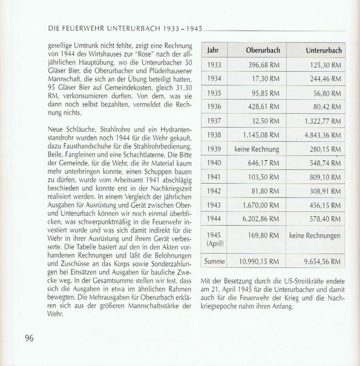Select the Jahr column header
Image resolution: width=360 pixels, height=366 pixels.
click(213, 50)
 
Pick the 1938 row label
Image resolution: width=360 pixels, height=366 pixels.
click(214, 135)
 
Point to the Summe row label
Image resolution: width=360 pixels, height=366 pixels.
click(215, 261)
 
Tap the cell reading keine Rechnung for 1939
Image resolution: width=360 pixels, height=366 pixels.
click(258, 149)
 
